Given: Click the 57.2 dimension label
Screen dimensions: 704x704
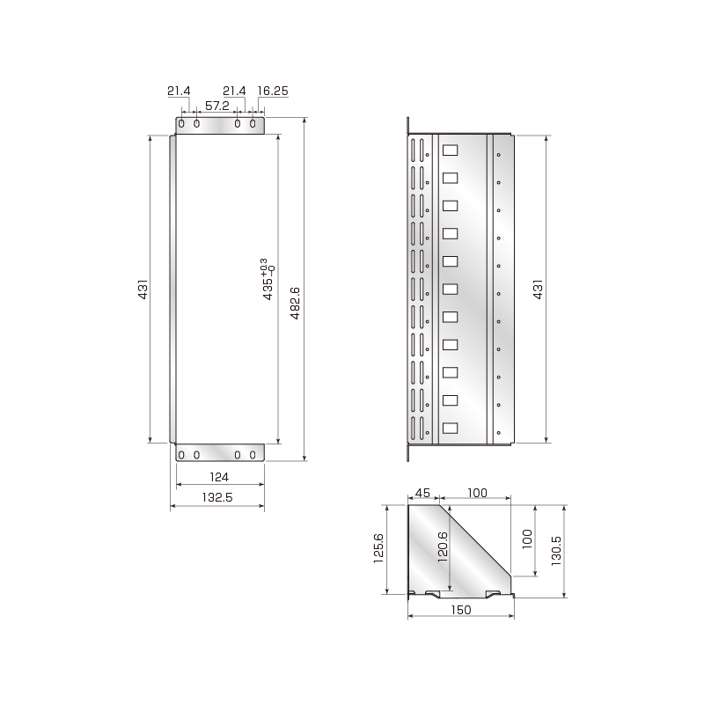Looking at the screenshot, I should coord(216,106).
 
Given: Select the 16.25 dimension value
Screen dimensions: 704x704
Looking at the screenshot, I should coord(273,91).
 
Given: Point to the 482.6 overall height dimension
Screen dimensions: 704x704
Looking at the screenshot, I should coord(295,290).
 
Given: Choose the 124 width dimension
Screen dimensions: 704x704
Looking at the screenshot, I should coord(220,477).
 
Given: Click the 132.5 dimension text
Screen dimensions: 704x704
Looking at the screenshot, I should coord(216,497).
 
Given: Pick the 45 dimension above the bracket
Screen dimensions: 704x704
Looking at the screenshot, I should coord(423,494).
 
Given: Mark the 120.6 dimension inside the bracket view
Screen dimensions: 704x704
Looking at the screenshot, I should coord(443,547).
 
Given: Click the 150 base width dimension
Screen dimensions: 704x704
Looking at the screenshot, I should coord(461,609).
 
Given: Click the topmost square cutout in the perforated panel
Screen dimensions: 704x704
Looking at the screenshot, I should coord(450,150).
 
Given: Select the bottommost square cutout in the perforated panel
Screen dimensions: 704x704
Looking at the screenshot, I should coord(450,429).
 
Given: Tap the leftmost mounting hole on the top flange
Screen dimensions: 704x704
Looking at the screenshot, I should coord(181,124).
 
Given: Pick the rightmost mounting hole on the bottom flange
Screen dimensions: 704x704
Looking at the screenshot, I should coord(253,454).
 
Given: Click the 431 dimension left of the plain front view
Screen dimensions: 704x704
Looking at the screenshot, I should coord(143,290).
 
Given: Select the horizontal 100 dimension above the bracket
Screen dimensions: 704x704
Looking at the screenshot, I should coord(477,494).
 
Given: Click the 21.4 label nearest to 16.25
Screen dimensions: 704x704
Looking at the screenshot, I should coord(235,91).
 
